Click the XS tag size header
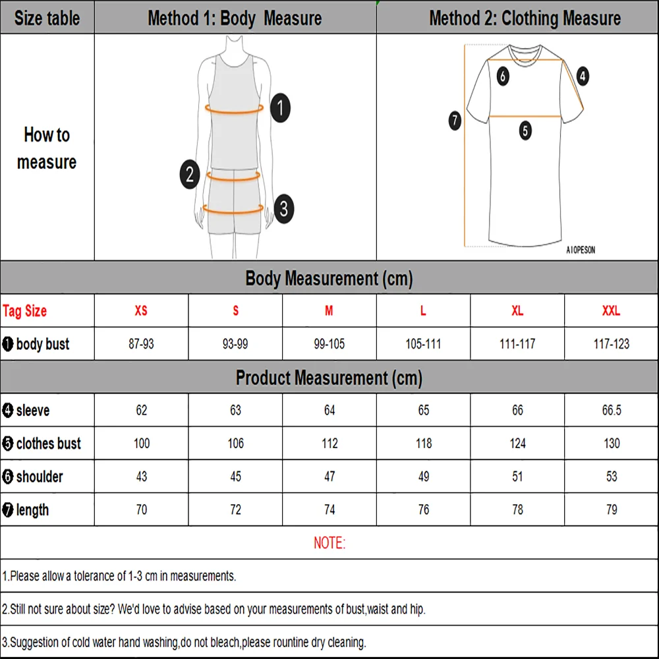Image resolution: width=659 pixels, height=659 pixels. (x=141, y=310)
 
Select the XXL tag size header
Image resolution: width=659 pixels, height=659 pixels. (x=611, y=310)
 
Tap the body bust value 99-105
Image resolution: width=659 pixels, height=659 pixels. (x=329, y=344)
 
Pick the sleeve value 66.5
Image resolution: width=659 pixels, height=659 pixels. (x=612, y=411)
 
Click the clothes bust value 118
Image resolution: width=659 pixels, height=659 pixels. (x=424, y=444)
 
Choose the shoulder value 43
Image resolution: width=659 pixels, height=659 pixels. (x=141, y=476)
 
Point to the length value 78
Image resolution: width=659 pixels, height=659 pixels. (x=517, y=509)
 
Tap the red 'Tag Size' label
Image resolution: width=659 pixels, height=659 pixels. (x=25, y=311)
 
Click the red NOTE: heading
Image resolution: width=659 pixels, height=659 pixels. (x=329, y=543)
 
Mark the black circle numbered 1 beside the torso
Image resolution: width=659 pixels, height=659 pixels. (x=281, y=107)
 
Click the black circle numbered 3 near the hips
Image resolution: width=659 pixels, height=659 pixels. (x=283, y=209)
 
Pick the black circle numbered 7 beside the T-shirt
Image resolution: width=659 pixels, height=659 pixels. (x=455, y=121)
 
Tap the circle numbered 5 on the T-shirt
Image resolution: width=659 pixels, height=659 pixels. (x=525, y=130)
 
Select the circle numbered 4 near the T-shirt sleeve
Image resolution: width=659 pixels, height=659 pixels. (x=583, y=76)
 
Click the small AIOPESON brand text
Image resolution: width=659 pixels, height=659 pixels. (x=580, y=250)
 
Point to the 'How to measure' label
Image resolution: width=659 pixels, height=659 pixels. (x=47, y=148)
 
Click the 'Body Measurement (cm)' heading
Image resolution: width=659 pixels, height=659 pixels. (x=329, y=278)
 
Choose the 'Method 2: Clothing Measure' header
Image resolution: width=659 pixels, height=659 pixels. (x=525, y=18)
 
